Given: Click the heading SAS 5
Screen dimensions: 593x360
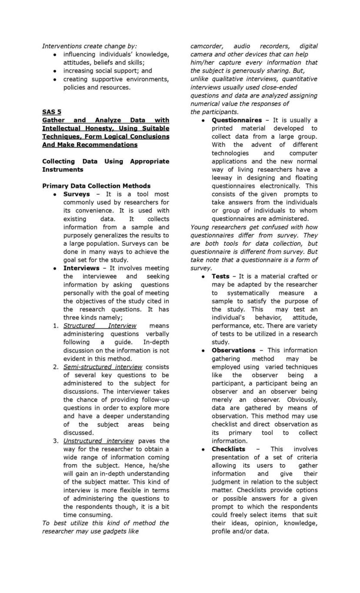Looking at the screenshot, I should [x=51, y=112].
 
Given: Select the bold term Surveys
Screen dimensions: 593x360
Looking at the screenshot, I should [x=77, y=194].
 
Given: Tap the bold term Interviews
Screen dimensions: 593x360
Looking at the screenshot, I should [x=81, y=268].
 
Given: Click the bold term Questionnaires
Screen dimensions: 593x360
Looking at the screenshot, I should [x=237, y=120].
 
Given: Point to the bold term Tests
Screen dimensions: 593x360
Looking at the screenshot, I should [x=220, y=277].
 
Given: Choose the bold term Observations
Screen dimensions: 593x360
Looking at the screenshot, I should [x=233, y=350].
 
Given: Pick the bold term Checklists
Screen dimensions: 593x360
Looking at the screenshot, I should [x=228, y=449].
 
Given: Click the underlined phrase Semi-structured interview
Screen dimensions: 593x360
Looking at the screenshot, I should [x=103, y=367].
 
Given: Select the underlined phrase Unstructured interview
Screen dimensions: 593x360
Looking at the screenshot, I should [x=99, y=441].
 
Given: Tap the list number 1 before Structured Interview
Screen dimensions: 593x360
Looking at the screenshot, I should [x=55, y=326].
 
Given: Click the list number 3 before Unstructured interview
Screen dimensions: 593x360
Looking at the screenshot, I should [x=55, y=441].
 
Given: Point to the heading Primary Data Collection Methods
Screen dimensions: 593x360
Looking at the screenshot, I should [x=96, y=186].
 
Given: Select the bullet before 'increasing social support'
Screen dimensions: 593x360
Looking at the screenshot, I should [x=55, y=71].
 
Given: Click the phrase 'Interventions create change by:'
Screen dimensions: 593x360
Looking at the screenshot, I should [x=89, y=46].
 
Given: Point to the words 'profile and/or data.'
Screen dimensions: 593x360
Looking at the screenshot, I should [x=240, y=531].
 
